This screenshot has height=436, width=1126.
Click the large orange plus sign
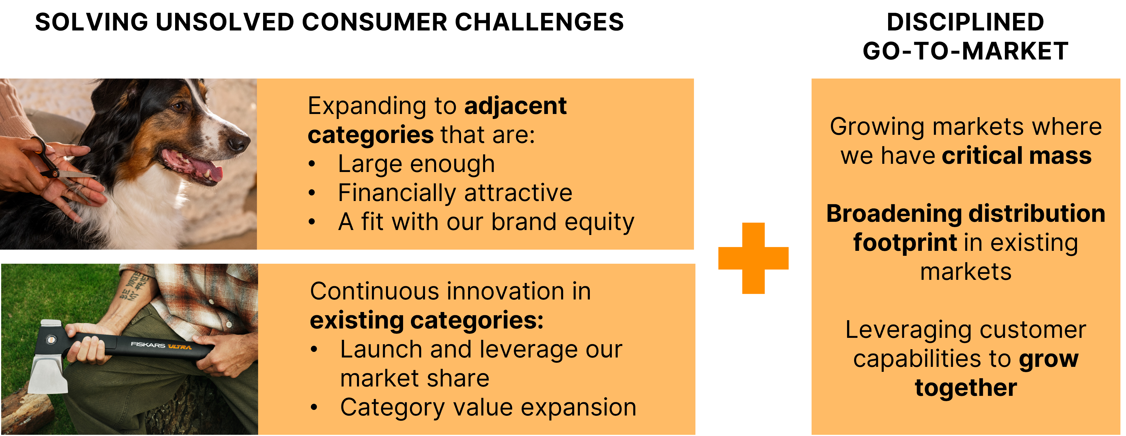pos(753,258)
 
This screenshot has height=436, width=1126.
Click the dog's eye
pos(178,106)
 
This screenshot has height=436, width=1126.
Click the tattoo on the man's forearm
pos(133,286)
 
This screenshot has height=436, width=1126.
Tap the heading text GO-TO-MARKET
pos(965,51)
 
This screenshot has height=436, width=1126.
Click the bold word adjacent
pos(515,106)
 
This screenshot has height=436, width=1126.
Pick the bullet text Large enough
pos(416,164)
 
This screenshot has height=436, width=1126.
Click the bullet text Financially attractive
pos(455,193)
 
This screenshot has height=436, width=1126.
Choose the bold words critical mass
pos(1017,156)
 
